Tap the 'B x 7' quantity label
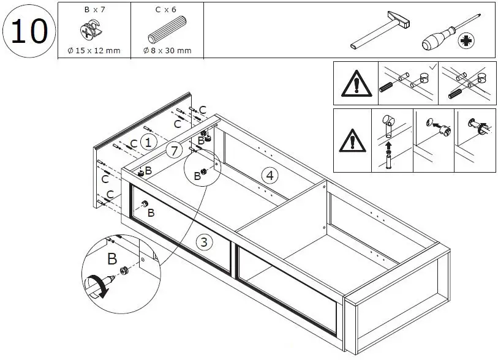click(x=94, y=10)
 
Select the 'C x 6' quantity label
click(x=167, y=10)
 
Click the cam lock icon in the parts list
click(x=93, y=31)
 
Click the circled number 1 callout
click(x=148, y=142)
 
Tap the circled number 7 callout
click(x=174, y=151)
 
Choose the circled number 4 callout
click(x=269, y=174)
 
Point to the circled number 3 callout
click(x=204, y=241)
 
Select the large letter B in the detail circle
click(x=112, y=259)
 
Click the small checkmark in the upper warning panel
click(x=432, y=66)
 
